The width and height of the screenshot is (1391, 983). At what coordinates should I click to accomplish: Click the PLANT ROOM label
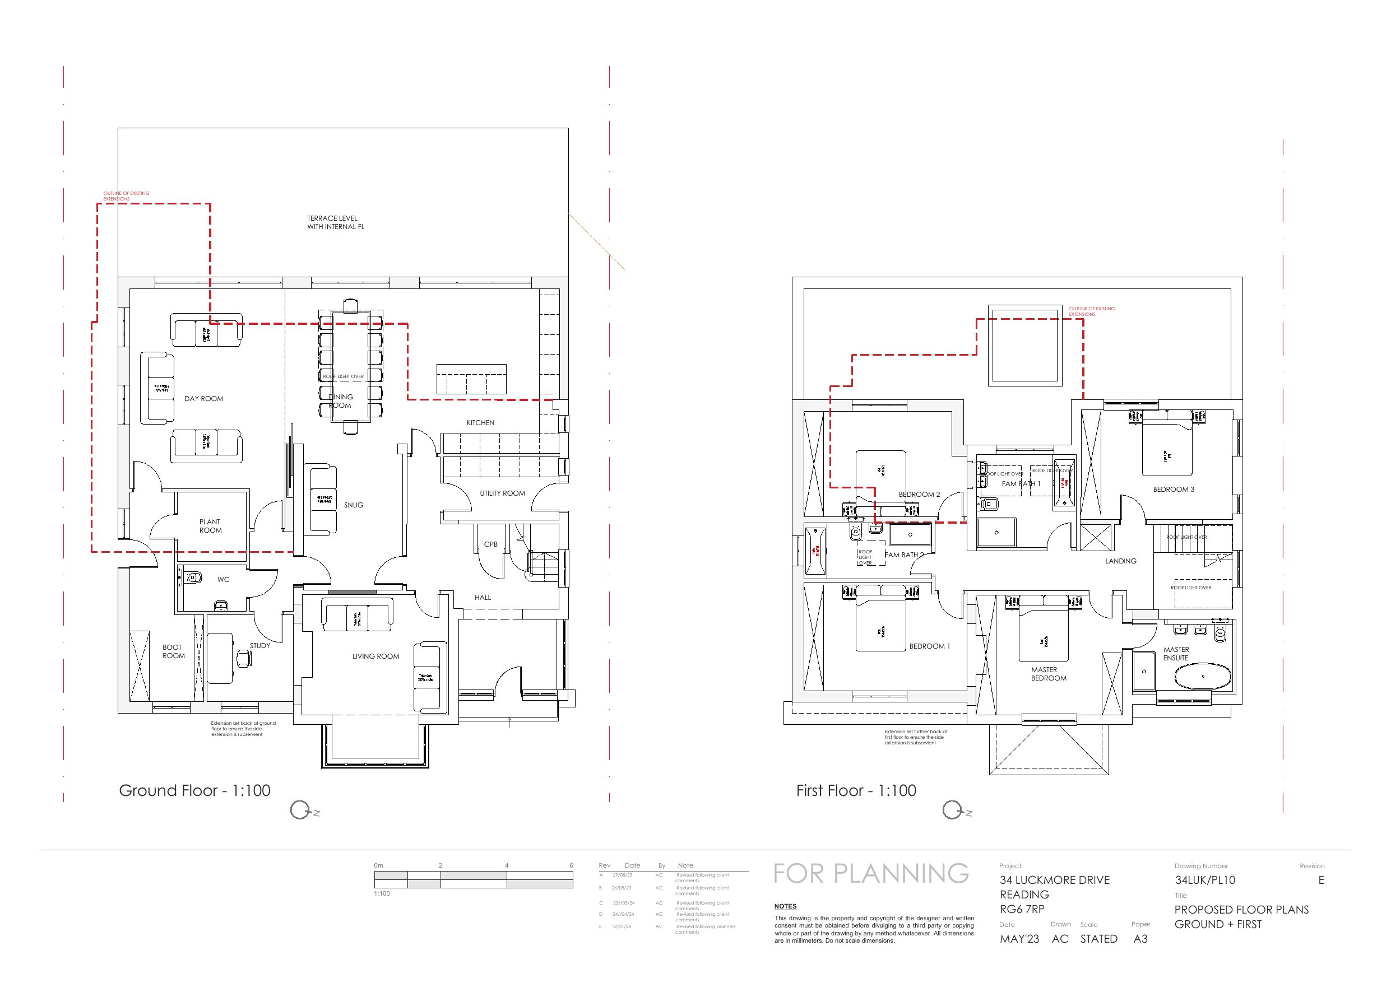(210, 526)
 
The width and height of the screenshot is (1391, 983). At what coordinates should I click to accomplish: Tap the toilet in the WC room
(193, 577)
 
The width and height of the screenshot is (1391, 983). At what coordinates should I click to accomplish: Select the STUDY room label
(260, 646)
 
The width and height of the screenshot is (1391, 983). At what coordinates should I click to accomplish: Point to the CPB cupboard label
(491, 544)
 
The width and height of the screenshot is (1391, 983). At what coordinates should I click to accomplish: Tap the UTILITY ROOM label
(502, 493)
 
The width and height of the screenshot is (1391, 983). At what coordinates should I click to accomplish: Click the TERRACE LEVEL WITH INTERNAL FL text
(335, 222)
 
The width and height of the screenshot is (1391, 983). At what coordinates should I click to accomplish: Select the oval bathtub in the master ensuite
(1203, 677)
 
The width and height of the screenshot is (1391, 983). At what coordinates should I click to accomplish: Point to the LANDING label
(1120, 561)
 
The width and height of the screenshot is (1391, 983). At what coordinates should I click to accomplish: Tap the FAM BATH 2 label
(905, 555)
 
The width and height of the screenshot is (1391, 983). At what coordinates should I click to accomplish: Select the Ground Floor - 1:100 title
(194, 790)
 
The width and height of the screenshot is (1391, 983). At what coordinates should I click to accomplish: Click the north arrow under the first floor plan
(952, 810)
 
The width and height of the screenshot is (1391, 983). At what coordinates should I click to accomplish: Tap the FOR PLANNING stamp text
(870, 873)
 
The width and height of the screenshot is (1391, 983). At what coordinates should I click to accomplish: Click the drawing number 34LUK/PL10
(1204, 880)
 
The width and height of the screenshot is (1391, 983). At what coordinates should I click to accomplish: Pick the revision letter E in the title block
(1321, 880)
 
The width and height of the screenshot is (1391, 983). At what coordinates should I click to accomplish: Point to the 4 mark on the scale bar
(507, 865)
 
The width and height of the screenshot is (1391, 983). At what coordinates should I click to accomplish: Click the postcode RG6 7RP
(1022, 909)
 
